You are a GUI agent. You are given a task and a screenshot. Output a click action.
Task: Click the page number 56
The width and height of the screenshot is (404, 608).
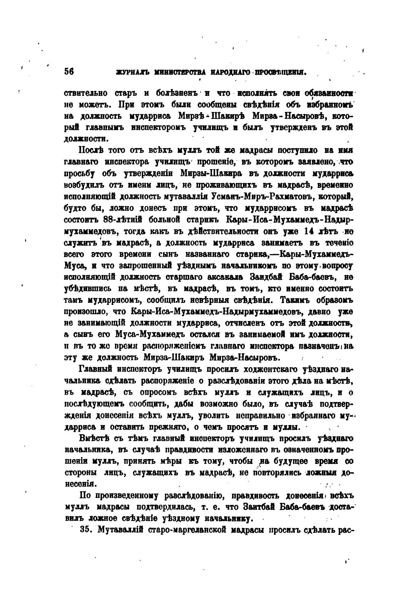69,71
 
